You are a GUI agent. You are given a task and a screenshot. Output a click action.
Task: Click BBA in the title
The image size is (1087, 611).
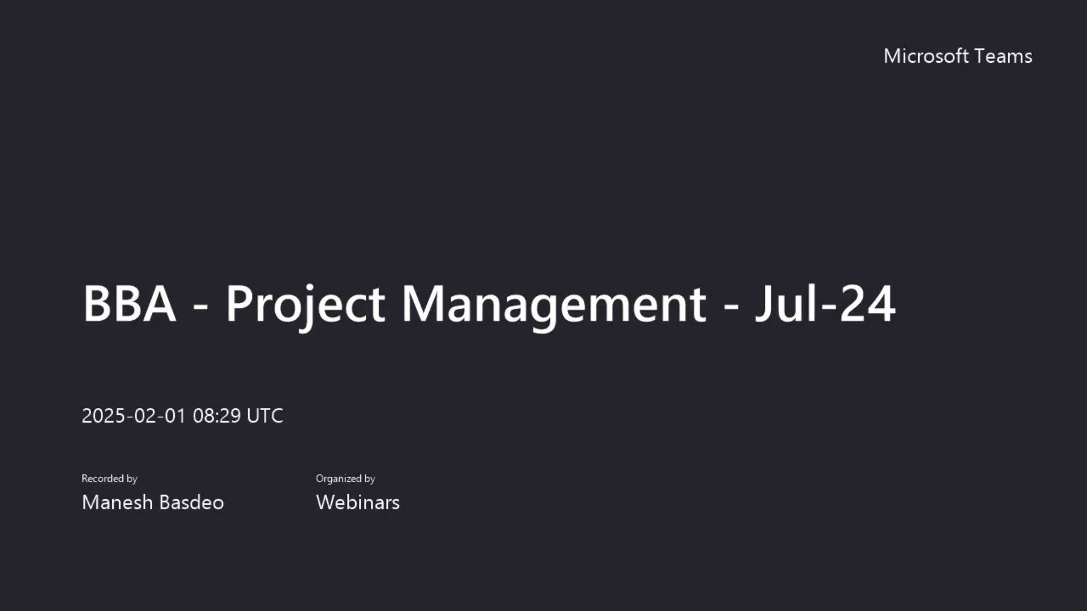click(x=129, y=304)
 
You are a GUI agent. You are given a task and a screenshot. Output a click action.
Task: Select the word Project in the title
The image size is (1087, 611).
click(x=306, y=304)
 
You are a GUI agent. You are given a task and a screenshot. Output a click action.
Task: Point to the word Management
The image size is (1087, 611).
click(x=554, y=304)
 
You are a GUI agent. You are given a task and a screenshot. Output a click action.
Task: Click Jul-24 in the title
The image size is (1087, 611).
click(x=825, y=304)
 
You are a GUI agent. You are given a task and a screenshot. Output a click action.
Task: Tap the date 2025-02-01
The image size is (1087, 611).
click(x=134, y=416)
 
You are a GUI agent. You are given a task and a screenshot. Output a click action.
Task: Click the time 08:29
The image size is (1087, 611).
click(x=217, y=416)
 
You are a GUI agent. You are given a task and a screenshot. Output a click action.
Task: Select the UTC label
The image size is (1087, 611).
click(x=265, y=416)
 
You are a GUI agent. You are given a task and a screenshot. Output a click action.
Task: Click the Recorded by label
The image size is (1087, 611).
click(x=109, y=479)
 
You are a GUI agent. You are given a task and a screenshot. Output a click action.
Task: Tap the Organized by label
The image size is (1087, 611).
click(x=345, y=479)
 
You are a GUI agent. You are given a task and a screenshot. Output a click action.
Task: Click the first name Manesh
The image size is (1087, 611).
click(x=117, y=502)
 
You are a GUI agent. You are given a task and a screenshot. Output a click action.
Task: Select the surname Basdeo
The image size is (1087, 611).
click(x=191, y=502)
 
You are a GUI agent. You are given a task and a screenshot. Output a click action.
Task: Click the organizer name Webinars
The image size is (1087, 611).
click(x=358, y=502)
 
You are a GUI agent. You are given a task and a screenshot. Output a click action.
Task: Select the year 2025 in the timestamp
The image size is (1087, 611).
click(x=104, y=416)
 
